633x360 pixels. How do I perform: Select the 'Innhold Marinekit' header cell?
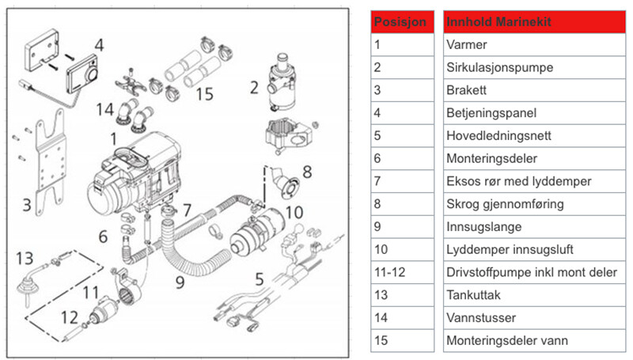(534, 21)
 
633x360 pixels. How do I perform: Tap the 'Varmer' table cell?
(534, 44)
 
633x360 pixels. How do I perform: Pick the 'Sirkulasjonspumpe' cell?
(534, 67)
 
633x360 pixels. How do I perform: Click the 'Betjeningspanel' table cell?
(534, 112)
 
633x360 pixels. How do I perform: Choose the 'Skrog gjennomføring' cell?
(534, 204)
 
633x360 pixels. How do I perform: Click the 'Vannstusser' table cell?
(534, 318)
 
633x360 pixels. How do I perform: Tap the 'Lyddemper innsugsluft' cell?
(534, 250)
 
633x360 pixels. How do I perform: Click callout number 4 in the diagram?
(98, 45)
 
